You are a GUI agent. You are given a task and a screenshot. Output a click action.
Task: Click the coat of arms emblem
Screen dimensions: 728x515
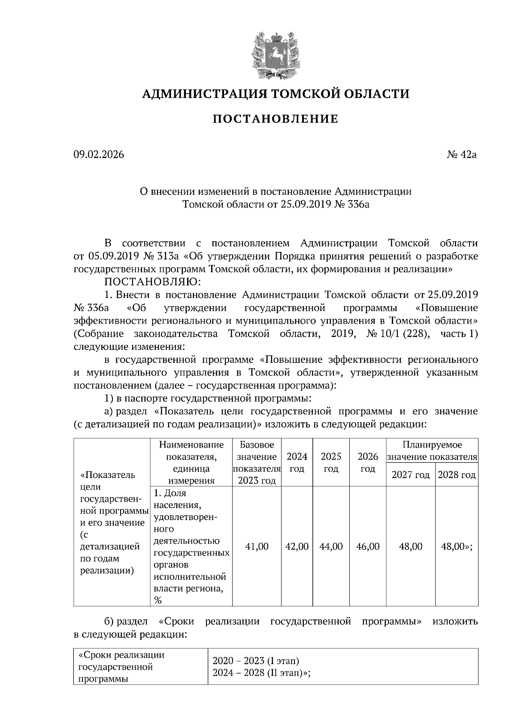coord(276,55)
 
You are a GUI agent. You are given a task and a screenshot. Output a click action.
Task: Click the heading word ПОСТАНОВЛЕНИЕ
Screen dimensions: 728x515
coord(276,119)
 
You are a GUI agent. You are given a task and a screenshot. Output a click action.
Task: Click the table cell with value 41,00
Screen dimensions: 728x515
coord(256,546)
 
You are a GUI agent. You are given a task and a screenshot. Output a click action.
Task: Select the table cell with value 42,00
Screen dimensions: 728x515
coord(297,546)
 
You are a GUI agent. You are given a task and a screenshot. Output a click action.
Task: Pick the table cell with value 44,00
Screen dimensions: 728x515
coord(331,546)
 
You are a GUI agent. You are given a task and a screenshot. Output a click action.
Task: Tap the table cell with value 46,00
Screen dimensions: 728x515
coord(368,546)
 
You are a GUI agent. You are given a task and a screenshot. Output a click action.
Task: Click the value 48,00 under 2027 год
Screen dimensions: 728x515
coord(410,546)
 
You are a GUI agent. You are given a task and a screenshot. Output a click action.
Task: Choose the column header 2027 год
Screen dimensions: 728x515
coord(410,475)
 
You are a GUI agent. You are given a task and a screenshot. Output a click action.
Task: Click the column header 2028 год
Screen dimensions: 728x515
coord(457,475)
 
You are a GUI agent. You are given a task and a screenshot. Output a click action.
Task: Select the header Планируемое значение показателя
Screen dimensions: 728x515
coord(432,451)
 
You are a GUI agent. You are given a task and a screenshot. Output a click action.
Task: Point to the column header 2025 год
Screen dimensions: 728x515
coord(331,462)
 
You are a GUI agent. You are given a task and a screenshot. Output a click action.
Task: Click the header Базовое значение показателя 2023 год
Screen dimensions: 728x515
coord(256,462)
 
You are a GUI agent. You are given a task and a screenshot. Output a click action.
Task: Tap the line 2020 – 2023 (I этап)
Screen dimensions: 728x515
coord(256,661)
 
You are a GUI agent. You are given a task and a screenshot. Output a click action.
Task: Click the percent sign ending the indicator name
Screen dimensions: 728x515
coord(158,600)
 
